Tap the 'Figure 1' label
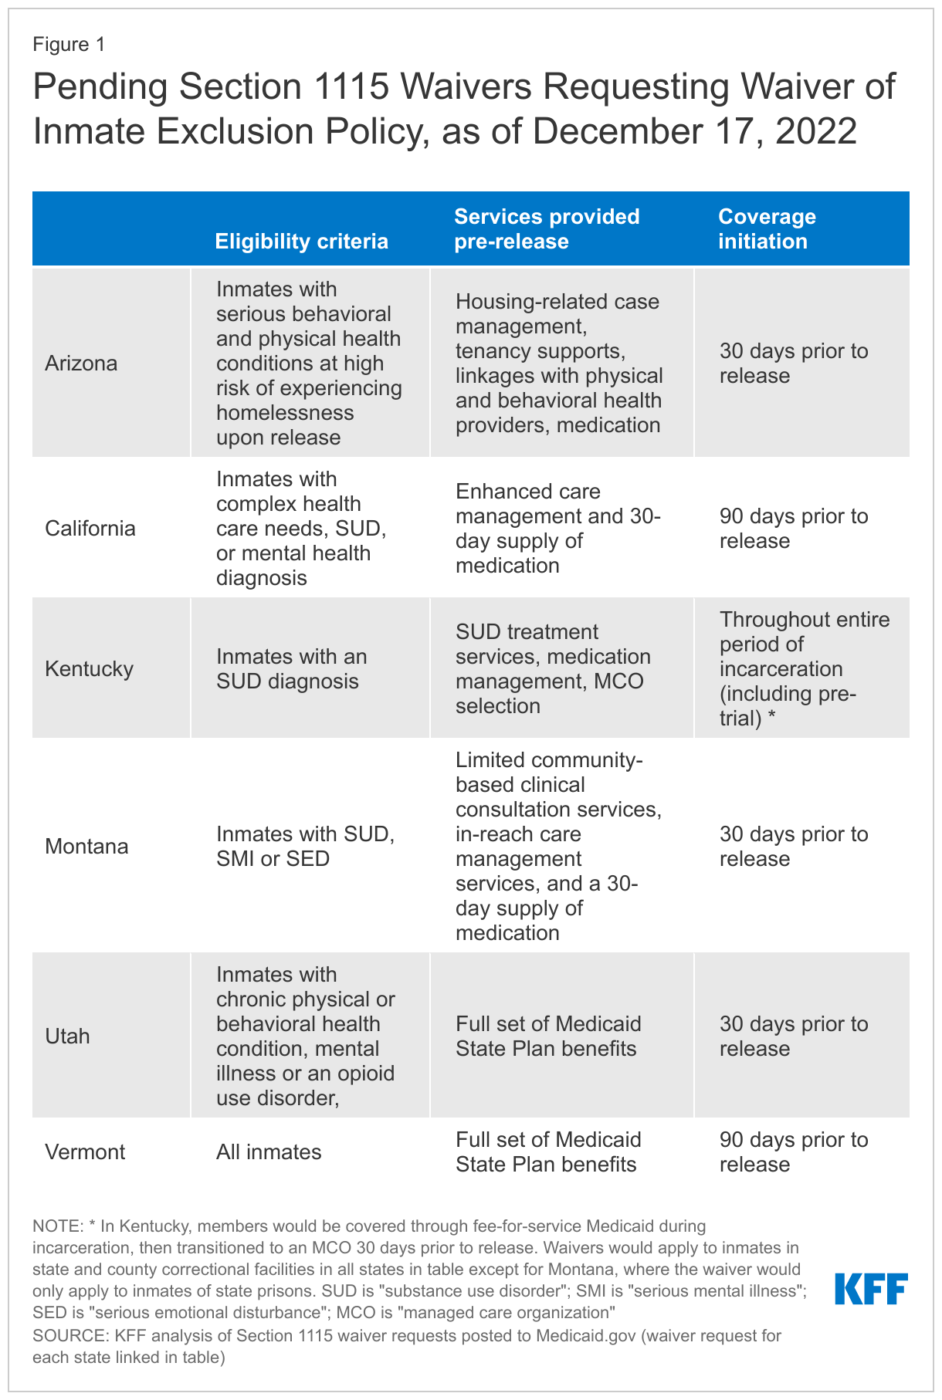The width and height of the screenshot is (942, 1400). click(x=69, y=45)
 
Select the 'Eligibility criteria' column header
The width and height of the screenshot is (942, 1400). click(x=301, y=242)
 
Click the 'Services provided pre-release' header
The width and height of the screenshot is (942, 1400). click(x=547, y=228)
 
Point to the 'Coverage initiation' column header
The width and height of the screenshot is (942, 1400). click(x=767, y=228)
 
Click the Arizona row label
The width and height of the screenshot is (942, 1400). click(x=81, y=363)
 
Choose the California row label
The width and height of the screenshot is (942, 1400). click(x=90, y=529)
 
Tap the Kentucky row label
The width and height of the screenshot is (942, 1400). click(x=90, y=668)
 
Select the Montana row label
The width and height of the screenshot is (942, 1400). click(x=86, y=847)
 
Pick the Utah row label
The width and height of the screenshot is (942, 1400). click(x=67, y=1036)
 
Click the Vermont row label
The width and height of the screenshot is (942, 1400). click(x=85, y=1152)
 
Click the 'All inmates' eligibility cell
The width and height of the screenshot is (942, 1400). click(x=269, y=1152)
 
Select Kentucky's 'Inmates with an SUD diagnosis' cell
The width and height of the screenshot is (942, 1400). click(x=291, y=668)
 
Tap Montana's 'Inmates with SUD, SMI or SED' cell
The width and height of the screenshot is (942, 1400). click(x=305, y=847)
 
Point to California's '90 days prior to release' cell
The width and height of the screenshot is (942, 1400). click(x=794, y=529)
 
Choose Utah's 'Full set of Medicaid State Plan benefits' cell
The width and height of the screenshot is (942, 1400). click(x=548, y=1036)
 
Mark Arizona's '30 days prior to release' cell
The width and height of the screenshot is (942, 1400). click(x=794, y=363)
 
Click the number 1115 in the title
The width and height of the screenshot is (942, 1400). click(x=347, y=87)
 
